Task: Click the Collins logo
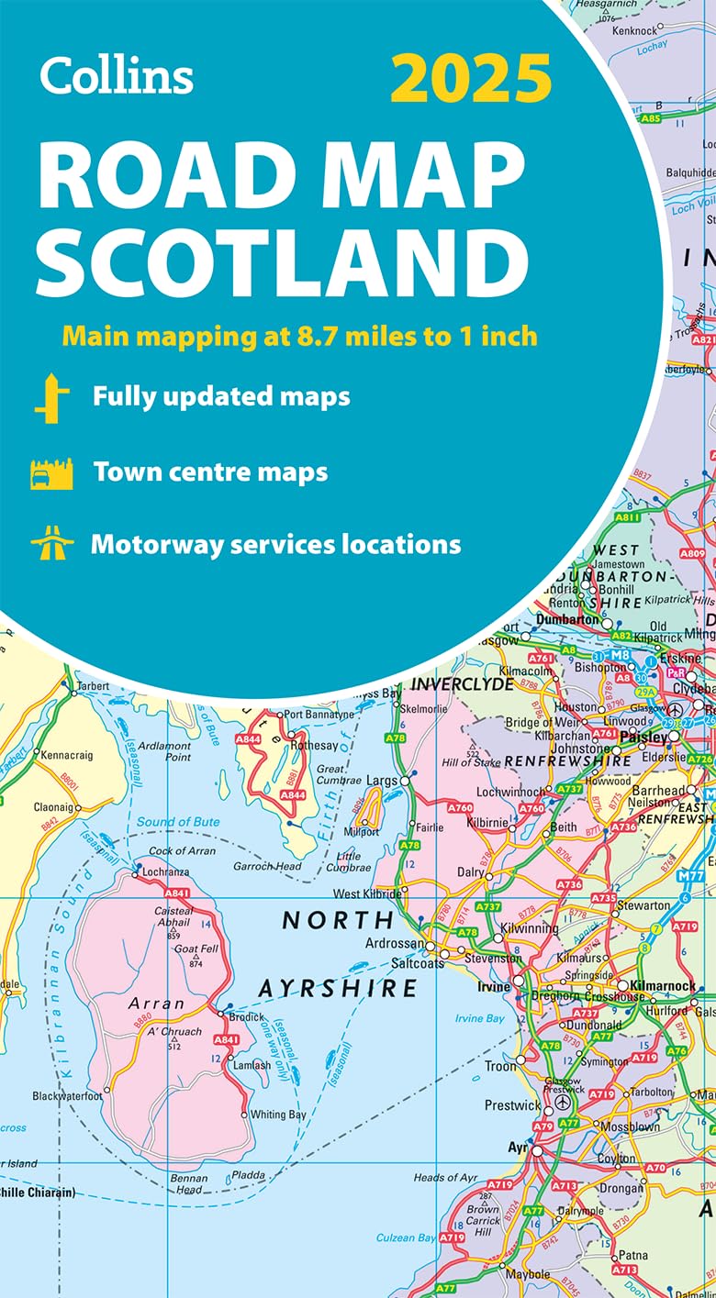(x=117, y=74)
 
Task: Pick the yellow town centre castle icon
(x=51, y=474)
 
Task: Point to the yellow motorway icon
(x=51, y=545)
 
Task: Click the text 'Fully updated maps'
(x=221, y=396)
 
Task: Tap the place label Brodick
(x=247, y=1017)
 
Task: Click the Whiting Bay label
(x=279, y=1115)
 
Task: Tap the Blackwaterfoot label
(x=67, y=1095)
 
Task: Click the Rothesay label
(x=314, y=746)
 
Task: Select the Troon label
(x=500, y=1066)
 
